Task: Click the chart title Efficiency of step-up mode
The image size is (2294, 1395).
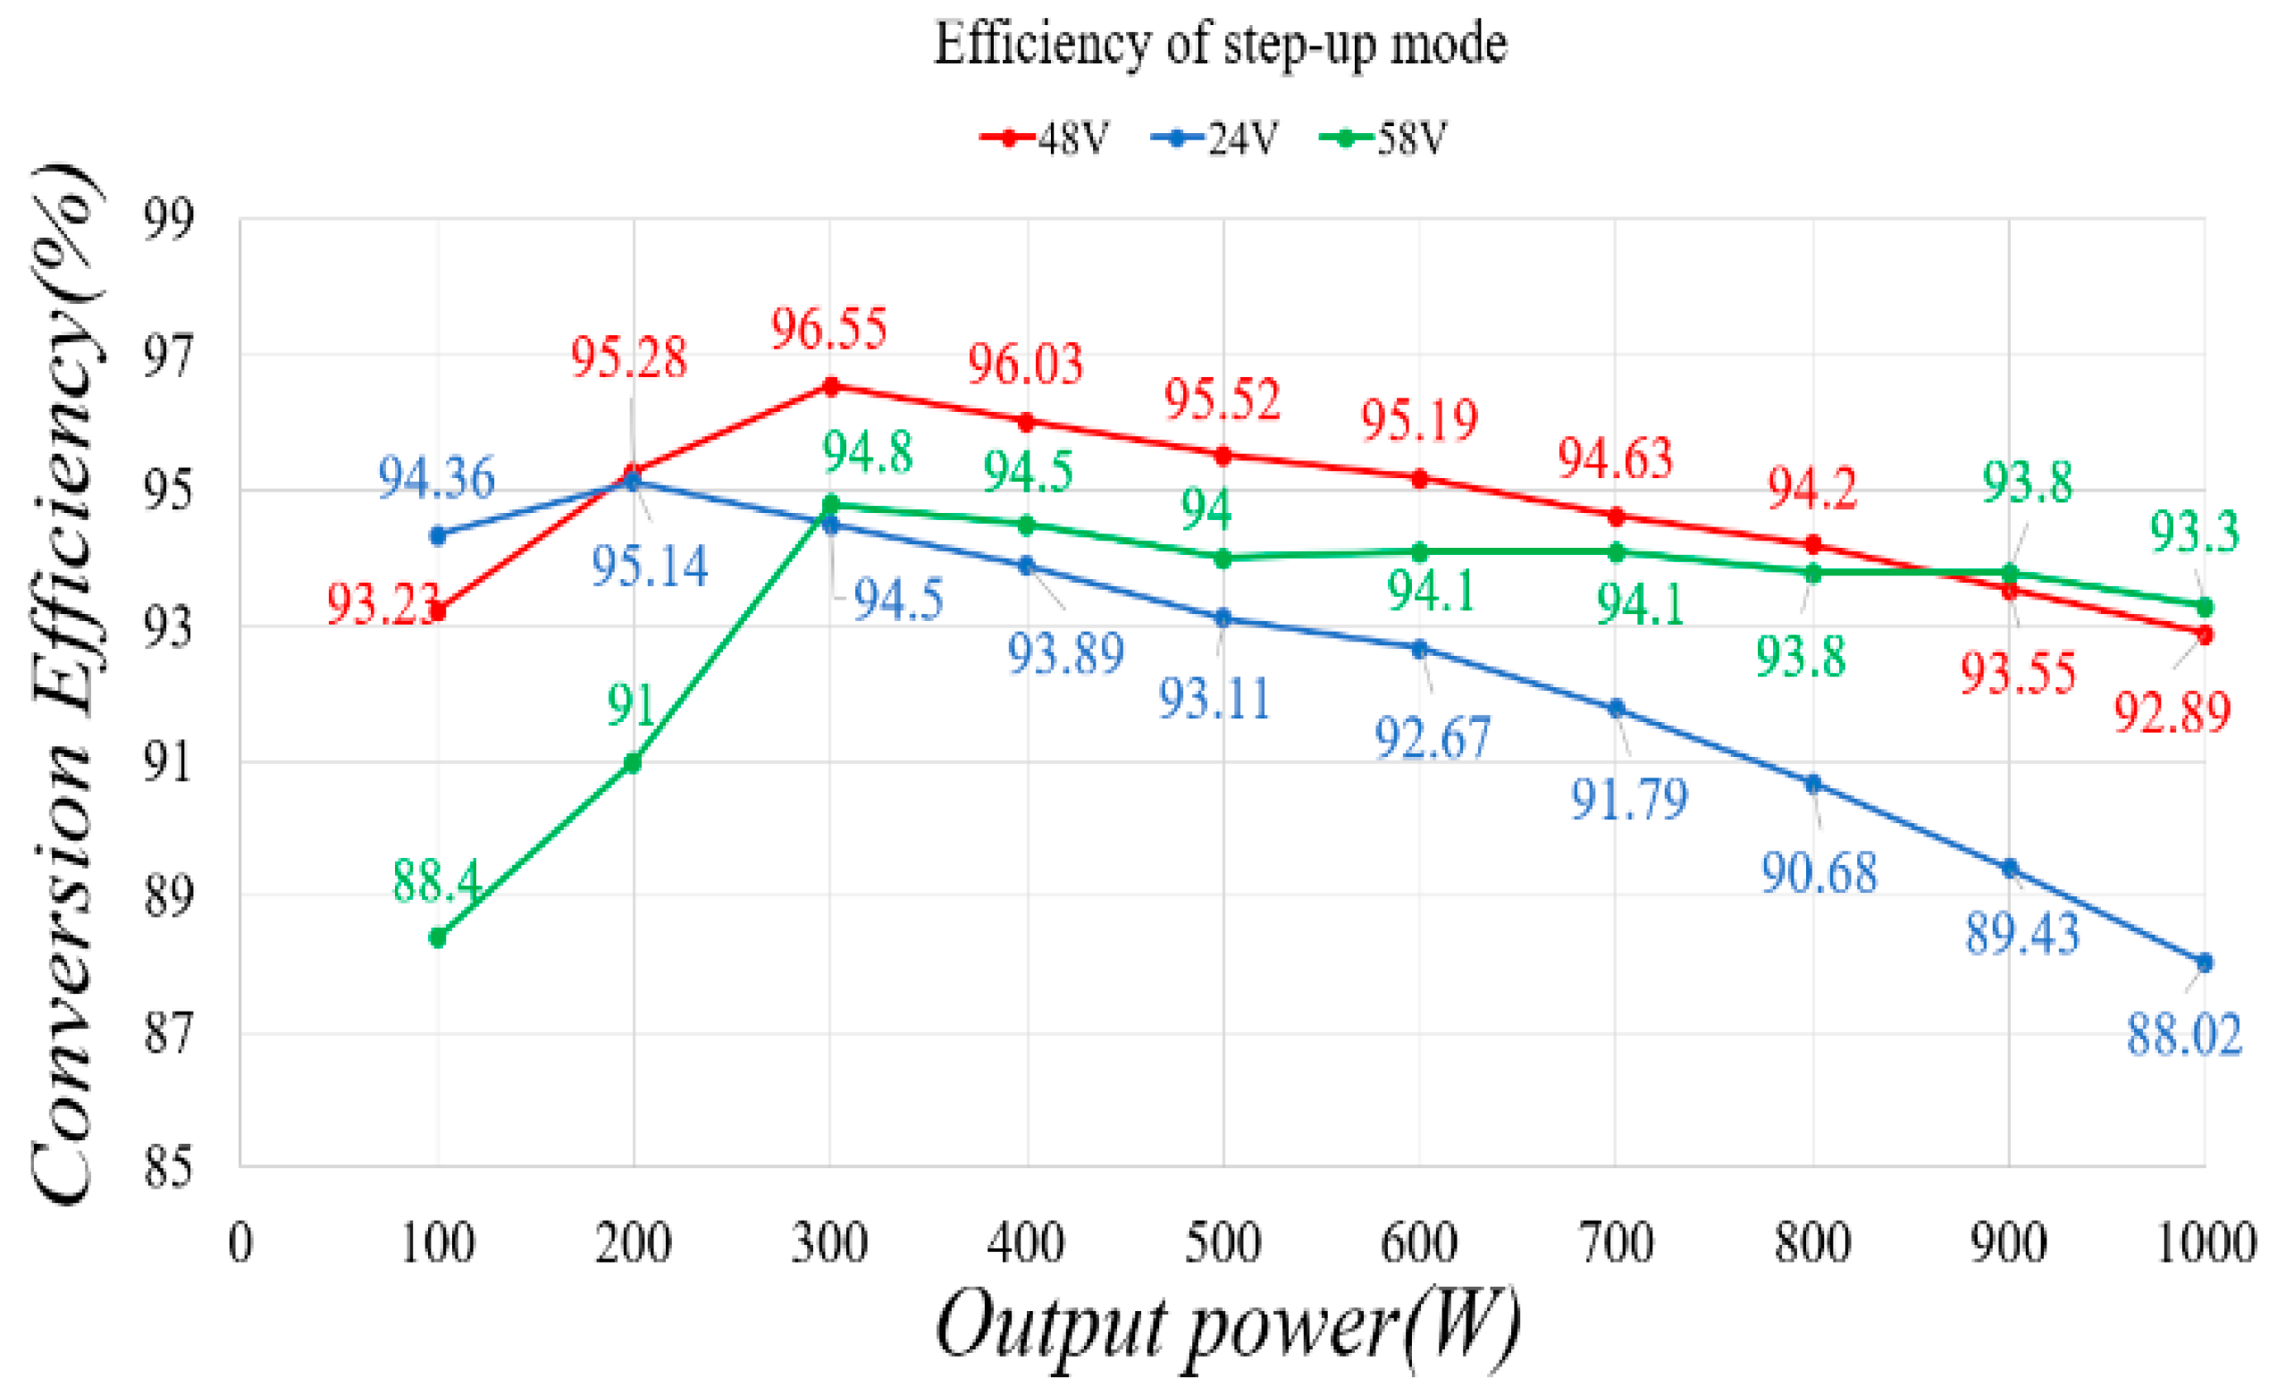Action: [x=1220, y=44]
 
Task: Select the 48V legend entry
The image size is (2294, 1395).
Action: [x=1046, y=139]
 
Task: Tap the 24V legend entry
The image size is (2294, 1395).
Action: [x=1215, y=139]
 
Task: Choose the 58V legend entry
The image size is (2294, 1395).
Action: [x=1384, y=139]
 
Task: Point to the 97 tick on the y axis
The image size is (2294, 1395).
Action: [x=169, y=357]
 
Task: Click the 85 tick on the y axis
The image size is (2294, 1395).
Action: [x=169, y=1167]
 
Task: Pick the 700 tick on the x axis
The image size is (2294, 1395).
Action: [x=1617, y=1242]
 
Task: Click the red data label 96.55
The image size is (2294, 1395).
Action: [x=828, y=329]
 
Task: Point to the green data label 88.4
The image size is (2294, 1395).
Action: [x=436, y=880]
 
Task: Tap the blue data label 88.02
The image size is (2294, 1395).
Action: [x=2183, y=1035]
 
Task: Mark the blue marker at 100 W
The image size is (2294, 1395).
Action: [x=438, y=535]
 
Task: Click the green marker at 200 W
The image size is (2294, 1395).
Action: [x=633, y=762]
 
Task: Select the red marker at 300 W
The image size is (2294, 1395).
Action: [x=830, y=385]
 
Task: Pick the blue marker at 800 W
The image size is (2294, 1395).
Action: [x=1812, y=784]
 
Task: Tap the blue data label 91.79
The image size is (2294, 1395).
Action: [x=1629, y=799]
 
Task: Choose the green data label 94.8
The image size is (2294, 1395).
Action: [x=867, y=453]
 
